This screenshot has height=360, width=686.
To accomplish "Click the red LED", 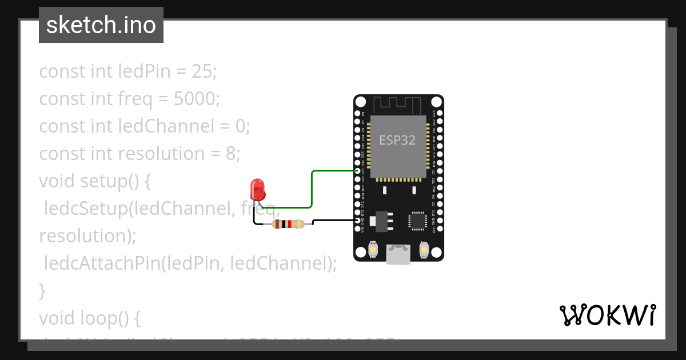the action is coord(257,189).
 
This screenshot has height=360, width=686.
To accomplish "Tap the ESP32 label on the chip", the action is coord(397,140).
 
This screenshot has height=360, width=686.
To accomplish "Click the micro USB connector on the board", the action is coord(398,254).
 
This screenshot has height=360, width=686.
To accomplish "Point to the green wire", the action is coord(312,189).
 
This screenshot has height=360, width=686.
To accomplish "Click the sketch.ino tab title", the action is coord(101,25).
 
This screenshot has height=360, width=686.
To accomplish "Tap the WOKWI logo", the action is coord(607,315).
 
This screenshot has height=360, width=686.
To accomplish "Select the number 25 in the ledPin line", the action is coord(202,71).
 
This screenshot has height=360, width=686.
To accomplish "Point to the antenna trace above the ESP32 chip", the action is coord(398,105).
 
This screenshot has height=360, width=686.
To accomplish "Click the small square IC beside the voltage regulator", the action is coord(418,221).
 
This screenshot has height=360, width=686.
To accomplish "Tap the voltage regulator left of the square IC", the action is coord(381,221).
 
